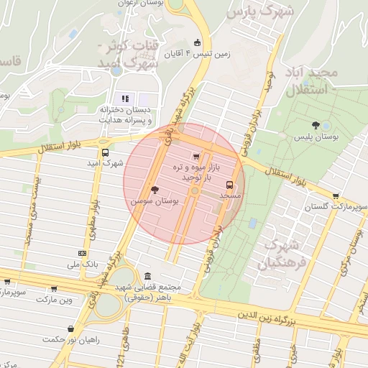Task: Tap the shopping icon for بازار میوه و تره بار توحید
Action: point(196,156)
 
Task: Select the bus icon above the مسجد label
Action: point(230,184)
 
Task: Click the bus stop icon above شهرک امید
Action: point(106,152)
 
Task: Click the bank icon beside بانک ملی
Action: point(80,253)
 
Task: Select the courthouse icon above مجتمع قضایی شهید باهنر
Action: point(147,277)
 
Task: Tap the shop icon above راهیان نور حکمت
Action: point(70,328)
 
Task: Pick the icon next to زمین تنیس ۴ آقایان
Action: point(198,42)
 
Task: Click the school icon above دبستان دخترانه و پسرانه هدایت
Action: point(125,98)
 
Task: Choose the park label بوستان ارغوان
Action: point(144,4)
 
